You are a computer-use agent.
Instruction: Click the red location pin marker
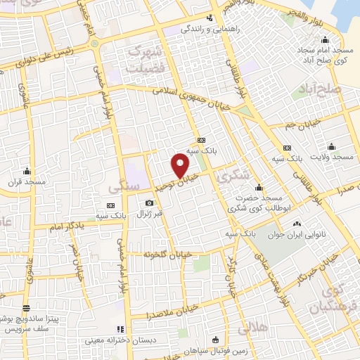181,165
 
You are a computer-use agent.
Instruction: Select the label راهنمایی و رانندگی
209,30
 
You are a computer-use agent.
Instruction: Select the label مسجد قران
27,182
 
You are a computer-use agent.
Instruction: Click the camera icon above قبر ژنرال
149,202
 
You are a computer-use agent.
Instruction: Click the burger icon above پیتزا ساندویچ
26,307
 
